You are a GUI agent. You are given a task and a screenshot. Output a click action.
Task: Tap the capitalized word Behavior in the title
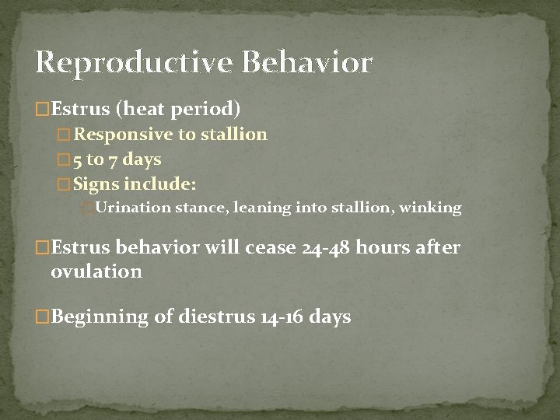(x=308, y=61)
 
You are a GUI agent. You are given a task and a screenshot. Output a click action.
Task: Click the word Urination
(x=133, y=208)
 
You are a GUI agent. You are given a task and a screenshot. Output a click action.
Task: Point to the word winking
(x=430, y=208)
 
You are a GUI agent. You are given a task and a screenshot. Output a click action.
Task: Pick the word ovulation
(x=96, y=272)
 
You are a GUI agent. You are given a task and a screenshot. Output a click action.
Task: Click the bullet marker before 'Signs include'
(x=65, y=186)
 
